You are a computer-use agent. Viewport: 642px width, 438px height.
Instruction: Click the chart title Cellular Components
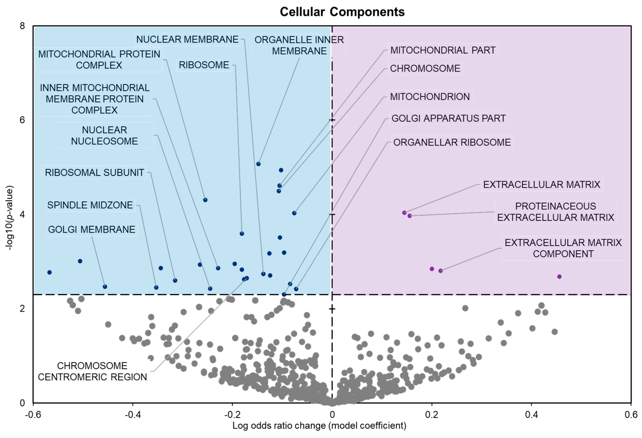(342, 12)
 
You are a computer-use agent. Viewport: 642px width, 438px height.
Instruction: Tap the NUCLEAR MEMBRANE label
(187, 40)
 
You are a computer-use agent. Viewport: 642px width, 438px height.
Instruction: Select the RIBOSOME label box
(204, 65)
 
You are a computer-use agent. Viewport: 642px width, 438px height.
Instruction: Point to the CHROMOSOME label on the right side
(425, 68)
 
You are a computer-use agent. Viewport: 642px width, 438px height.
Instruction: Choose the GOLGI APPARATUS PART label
(448, 118)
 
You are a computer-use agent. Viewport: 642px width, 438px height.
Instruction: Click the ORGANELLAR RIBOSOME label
(452, 142)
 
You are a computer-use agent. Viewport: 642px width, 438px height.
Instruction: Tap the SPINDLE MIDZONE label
(90, 205)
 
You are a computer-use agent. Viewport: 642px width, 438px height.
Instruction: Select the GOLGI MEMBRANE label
(91, 229)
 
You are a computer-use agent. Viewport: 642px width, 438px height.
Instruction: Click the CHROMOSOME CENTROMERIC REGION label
(92, 371)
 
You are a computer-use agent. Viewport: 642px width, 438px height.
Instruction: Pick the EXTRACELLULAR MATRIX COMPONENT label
(563, 248)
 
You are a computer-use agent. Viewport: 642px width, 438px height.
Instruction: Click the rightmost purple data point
(559, 277)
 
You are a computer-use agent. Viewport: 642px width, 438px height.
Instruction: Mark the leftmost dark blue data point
(49, 273)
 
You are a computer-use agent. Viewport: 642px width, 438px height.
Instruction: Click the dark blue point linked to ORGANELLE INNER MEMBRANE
(258, 164)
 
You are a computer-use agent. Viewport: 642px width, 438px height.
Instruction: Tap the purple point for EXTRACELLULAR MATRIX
(404, 213)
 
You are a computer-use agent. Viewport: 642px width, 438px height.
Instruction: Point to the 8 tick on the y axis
(22, 26)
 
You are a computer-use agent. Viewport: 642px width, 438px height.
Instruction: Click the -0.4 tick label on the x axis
(133, 415)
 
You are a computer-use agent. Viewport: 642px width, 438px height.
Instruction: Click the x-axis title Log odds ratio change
(319, 426)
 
